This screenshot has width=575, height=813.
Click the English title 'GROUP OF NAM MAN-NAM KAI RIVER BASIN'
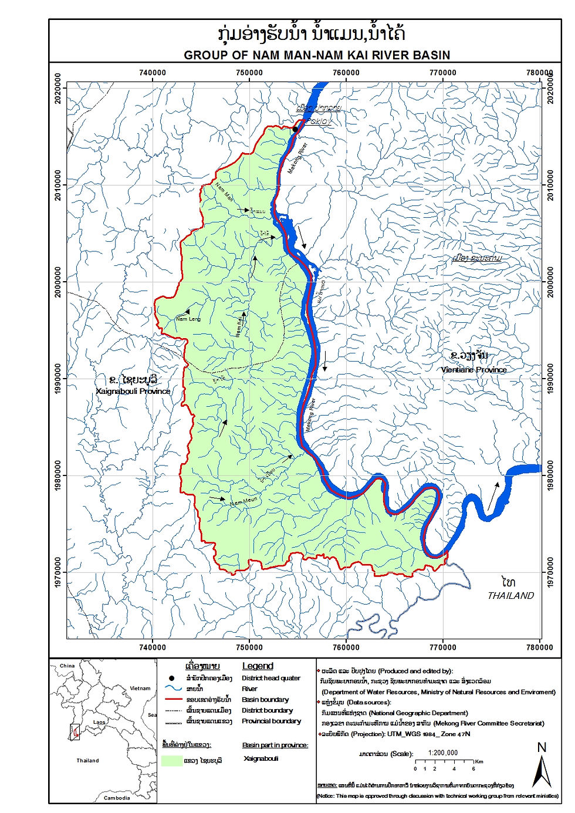[317, 55]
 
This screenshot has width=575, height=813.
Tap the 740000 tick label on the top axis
[152, 73]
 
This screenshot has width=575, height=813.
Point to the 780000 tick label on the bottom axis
[540, 647]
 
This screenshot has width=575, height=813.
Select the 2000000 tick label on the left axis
[58, 282]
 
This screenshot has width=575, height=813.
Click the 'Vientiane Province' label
[473, 370]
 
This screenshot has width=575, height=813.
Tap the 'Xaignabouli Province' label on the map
[133, 391]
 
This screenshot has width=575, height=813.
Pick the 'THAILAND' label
[510, 595]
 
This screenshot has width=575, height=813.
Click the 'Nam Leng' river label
[188, 319]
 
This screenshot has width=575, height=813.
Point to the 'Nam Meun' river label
[243, 502]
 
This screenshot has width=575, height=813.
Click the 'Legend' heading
[258, 666]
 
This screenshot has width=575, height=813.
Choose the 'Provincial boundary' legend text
[271, 721]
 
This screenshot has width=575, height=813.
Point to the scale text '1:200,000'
[443, 753]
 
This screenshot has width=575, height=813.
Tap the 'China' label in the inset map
[67, 666]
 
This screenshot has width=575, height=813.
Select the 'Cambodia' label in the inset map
[117, 798]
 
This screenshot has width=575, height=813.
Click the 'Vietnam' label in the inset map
[140, 688]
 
